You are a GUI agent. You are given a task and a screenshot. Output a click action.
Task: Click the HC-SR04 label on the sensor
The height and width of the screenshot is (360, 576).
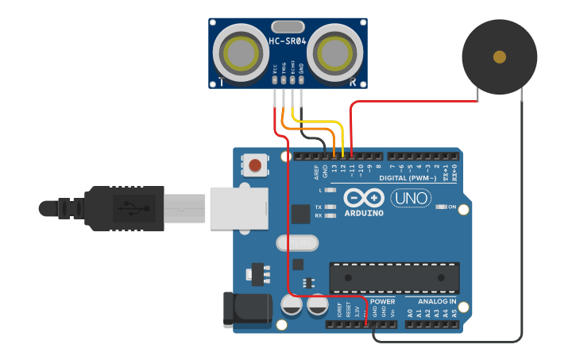[288, 42]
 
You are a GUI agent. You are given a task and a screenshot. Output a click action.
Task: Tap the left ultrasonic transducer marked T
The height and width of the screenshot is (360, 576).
[239, 52]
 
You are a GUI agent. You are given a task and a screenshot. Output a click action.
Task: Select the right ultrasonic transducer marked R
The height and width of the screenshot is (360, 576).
[336, 52]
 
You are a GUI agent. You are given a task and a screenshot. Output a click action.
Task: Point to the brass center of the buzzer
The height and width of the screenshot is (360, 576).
[499, 56]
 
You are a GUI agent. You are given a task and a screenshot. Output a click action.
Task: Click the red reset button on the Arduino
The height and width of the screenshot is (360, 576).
[255, 165]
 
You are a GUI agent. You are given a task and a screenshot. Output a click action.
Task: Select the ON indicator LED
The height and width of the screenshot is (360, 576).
[442, 207]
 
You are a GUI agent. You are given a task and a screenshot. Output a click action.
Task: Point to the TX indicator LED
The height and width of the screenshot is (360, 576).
[331, 207]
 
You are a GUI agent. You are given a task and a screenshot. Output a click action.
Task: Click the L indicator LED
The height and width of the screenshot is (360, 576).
[331, 191]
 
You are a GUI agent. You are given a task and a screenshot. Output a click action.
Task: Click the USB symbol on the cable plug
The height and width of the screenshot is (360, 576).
[130, 208]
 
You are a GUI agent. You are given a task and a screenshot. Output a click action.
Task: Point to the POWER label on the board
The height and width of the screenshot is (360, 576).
[382, 302]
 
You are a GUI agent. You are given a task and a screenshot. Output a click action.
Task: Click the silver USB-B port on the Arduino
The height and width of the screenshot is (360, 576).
[238, 207]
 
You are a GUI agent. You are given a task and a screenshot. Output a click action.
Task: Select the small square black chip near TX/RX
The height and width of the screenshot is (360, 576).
[300, 214]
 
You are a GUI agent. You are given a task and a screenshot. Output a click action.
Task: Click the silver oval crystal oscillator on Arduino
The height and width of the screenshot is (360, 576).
[296, 243]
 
